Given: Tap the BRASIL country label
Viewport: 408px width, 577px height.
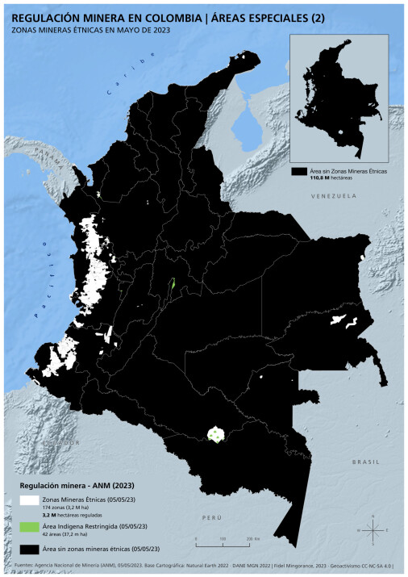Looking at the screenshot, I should point(364,461).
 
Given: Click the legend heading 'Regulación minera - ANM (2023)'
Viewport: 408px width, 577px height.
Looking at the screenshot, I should point(76,486).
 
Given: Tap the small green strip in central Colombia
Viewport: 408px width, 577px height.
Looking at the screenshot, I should point(172,289).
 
